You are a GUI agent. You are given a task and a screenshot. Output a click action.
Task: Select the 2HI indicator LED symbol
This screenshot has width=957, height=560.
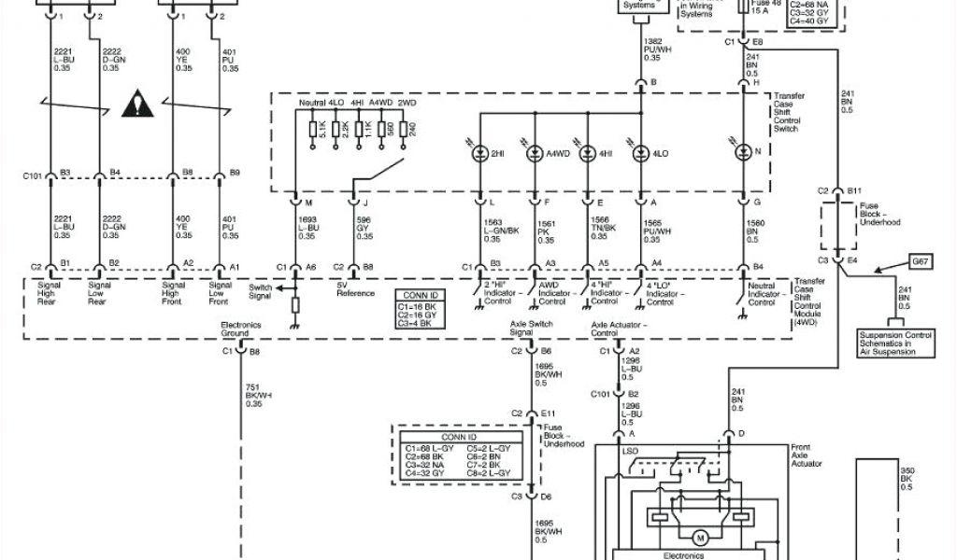tap(480, 152)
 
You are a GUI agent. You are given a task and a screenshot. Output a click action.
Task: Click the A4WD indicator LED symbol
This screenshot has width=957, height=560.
tap(535, 152)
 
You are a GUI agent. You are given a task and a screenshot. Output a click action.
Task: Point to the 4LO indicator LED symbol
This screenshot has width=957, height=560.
tap(641, 152)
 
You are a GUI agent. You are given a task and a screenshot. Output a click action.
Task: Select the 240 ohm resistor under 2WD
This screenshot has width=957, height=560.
tap(404, 129)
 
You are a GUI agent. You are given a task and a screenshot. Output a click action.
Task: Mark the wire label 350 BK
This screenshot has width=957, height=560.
tap(906, 478)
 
